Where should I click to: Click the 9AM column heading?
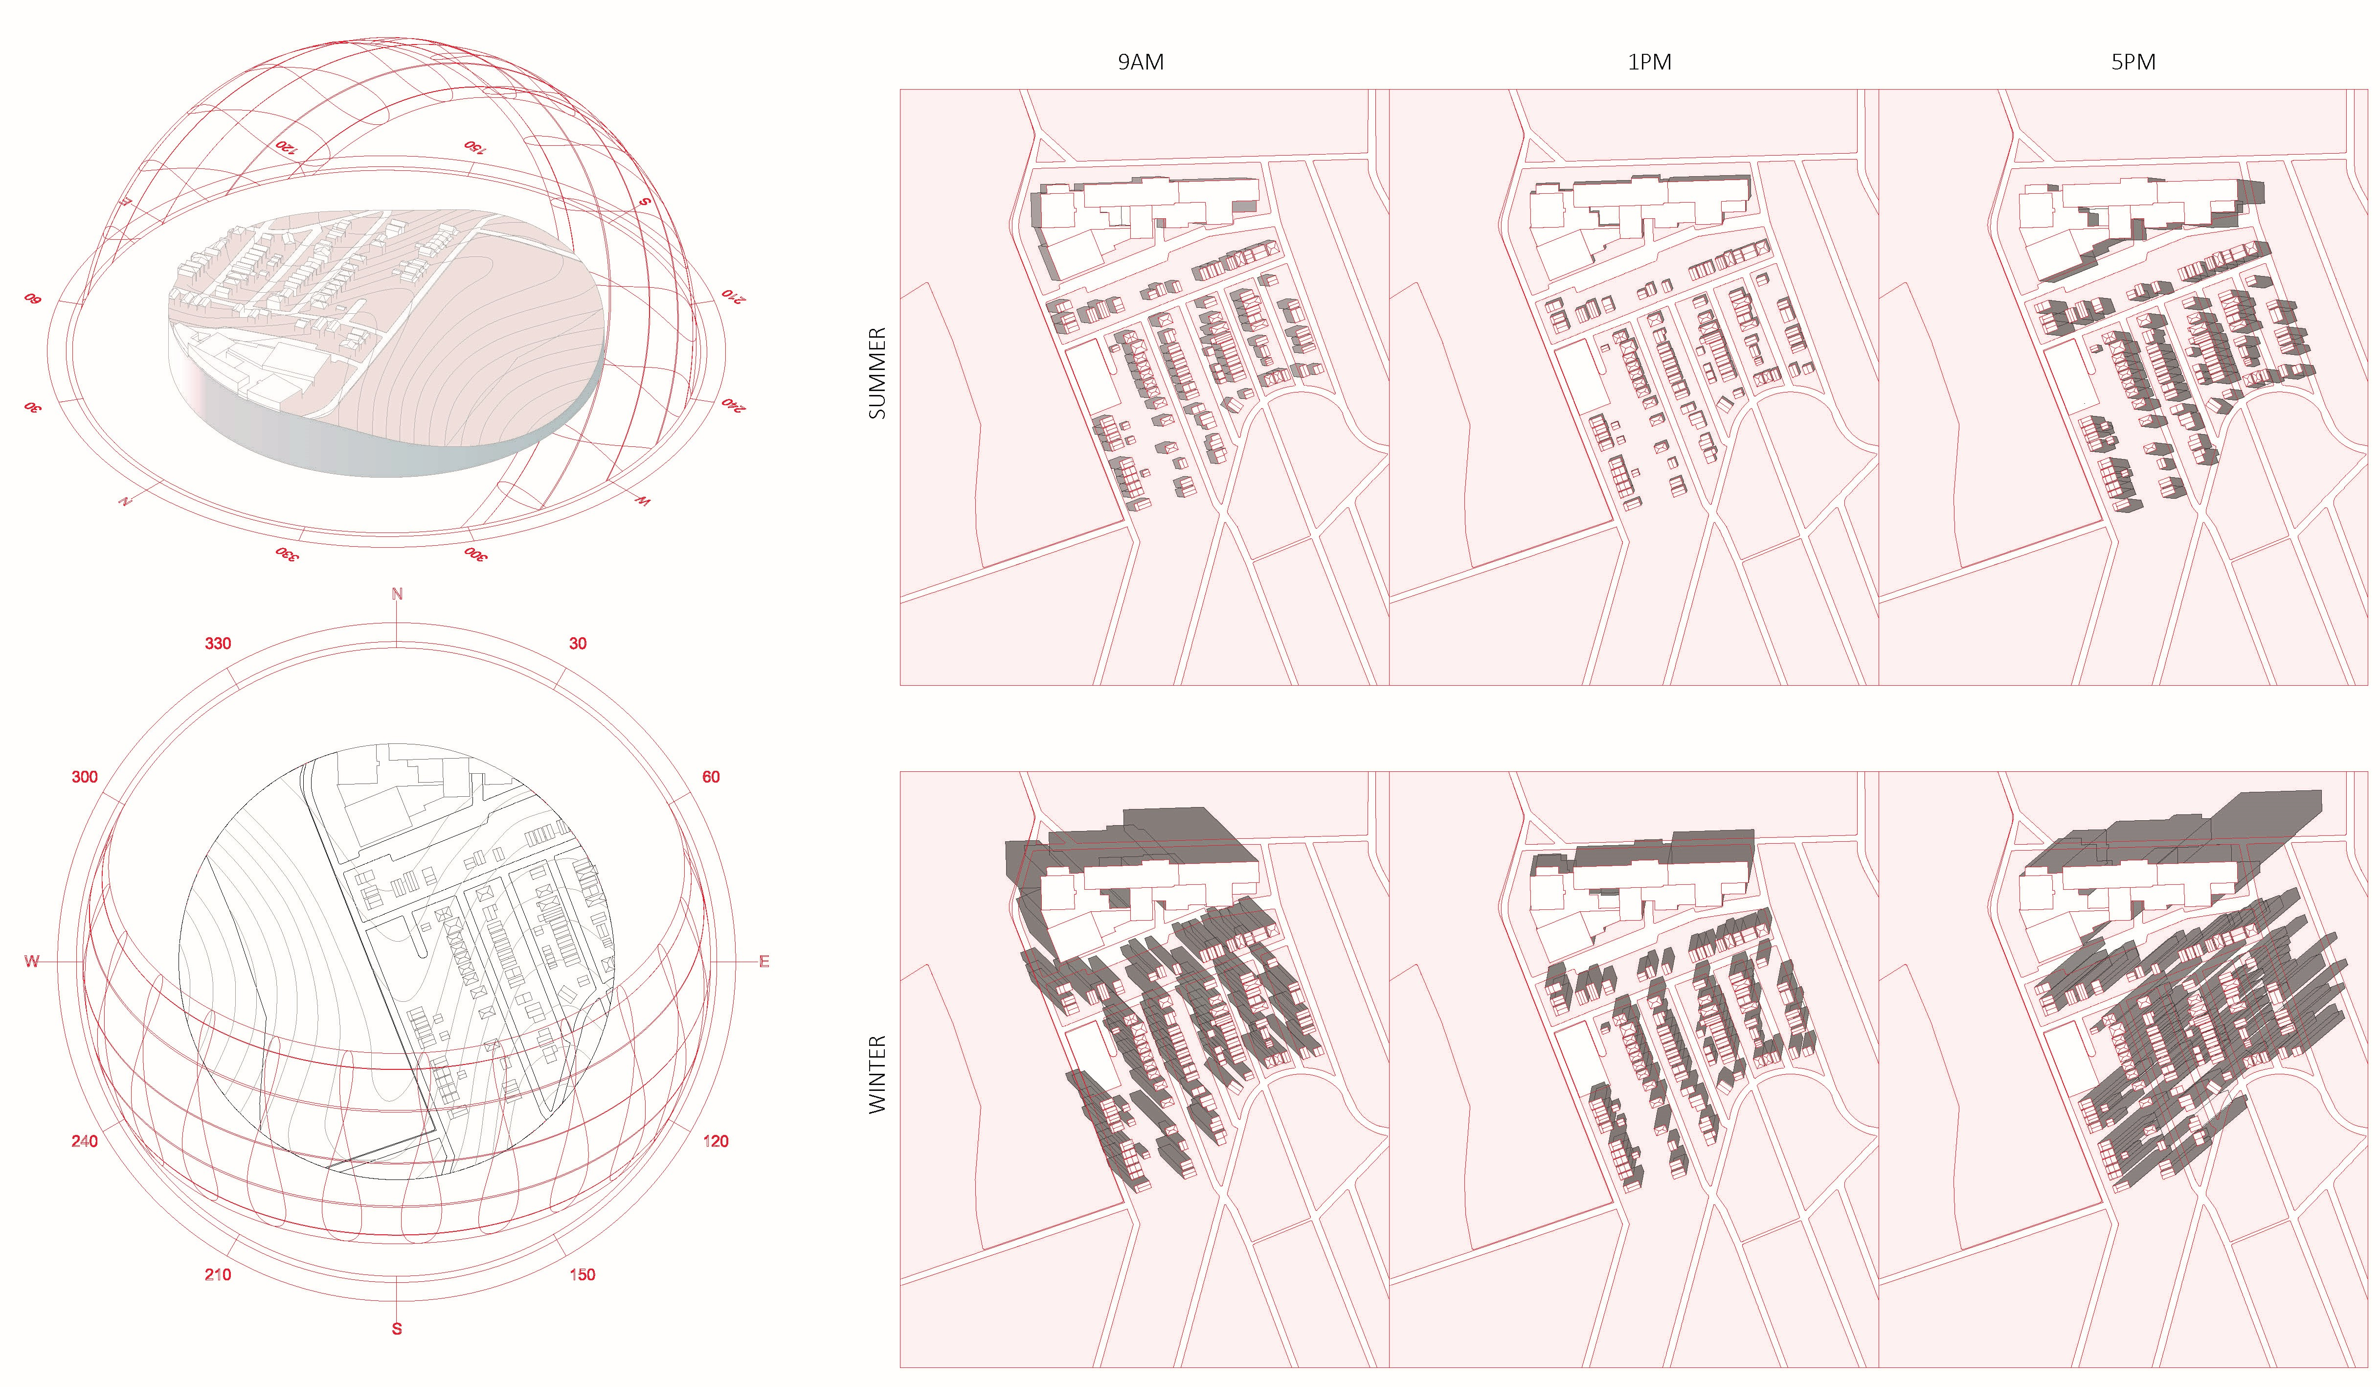[1141, 62]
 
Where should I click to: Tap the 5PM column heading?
[2133, 62]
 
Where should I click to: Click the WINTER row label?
[877, 1074]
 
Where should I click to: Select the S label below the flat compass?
[397, 1328]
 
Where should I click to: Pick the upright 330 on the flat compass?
[218, 644]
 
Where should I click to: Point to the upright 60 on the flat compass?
[710, 777]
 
